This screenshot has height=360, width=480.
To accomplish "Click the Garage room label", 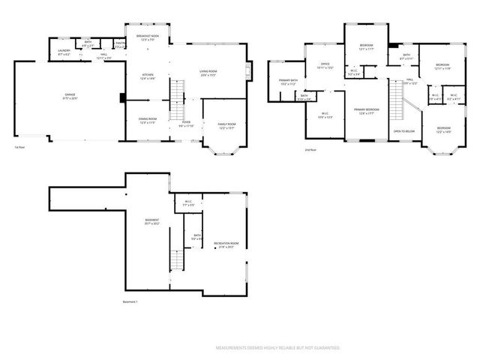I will pos(70,96).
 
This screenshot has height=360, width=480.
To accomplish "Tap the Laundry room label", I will pos(64,52).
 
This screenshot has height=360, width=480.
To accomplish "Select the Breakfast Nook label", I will pos(147,37).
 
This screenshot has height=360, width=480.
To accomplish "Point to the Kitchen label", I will pos(148,76).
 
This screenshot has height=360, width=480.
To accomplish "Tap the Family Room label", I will pos(226,124).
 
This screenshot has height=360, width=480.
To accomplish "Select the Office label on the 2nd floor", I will pos(325,66).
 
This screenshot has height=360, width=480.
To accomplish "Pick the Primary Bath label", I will pos(289,82).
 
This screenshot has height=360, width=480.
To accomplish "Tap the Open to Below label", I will pos(403,131).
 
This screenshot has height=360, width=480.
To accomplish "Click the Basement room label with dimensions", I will pos(152,221).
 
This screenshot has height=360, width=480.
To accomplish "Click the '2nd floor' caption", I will pos(310,150).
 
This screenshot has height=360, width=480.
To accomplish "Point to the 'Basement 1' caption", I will pos(130,301).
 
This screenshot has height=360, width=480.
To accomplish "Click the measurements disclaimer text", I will pos(277,348).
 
